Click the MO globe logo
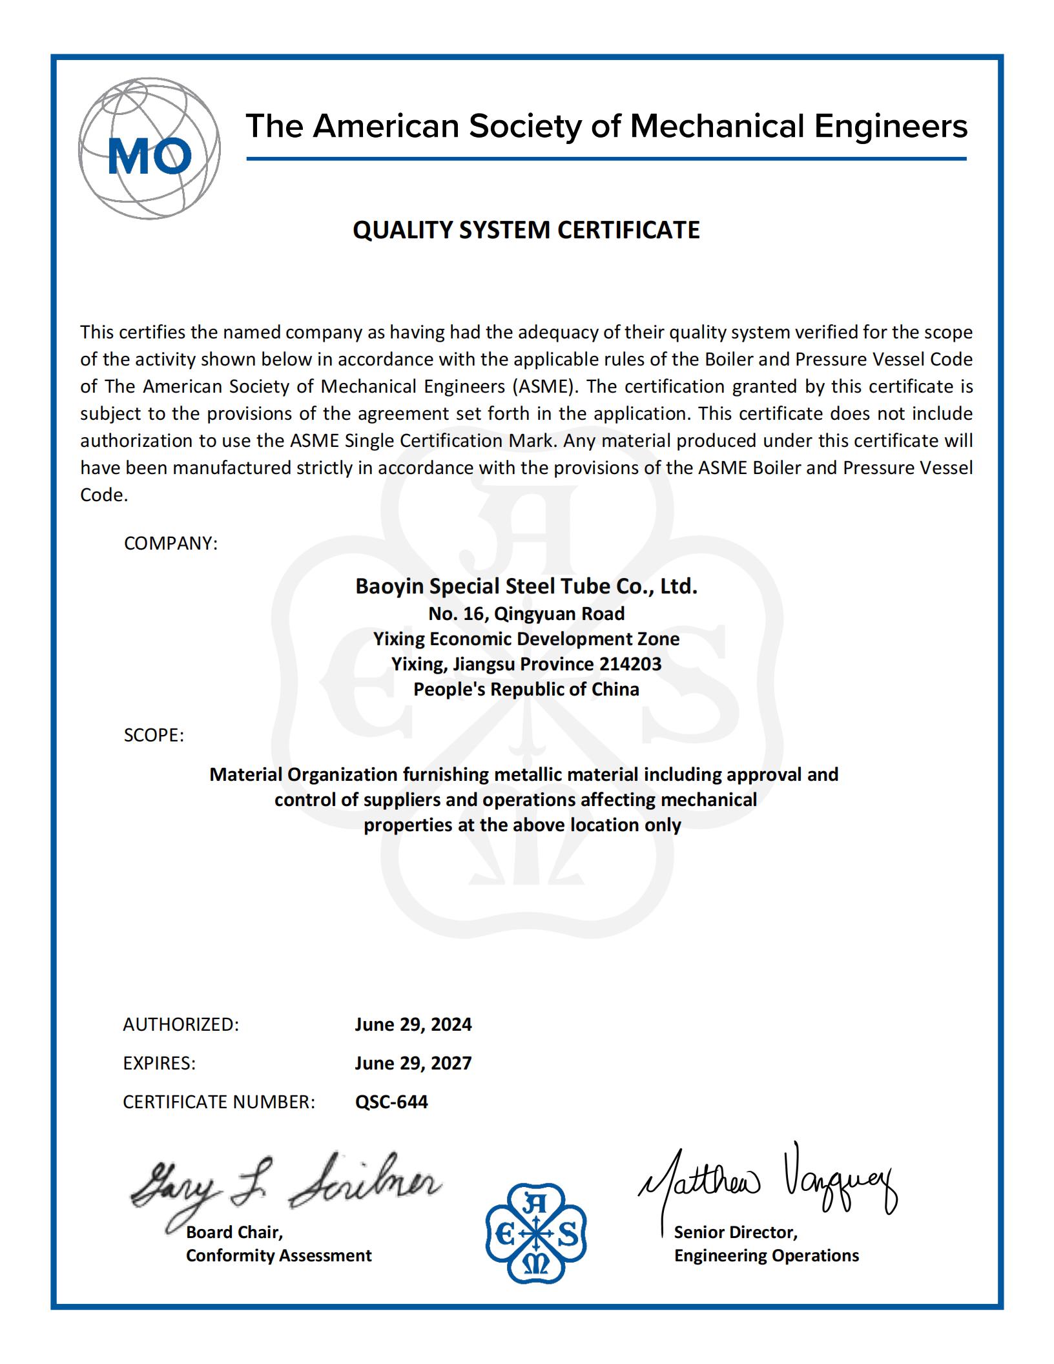point(149,149)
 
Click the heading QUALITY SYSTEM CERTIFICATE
point(526,230)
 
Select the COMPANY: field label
point(170,543)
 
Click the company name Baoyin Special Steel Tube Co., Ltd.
point(526,586)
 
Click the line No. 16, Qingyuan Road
point(526,613)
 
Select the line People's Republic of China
point(526,689)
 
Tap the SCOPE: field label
point(154,735)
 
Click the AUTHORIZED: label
point(181,1024)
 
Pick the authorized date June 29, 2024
point(413,1024)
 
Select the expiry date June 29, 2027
point(413,1063)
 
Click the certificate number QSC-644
point(391,1102)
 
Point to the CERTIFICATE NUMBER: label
point(219,1102)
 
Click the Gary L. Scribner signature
point(284,1187)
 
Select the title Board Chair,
point(234,1232)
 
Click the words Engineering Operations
point(767,1255)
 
